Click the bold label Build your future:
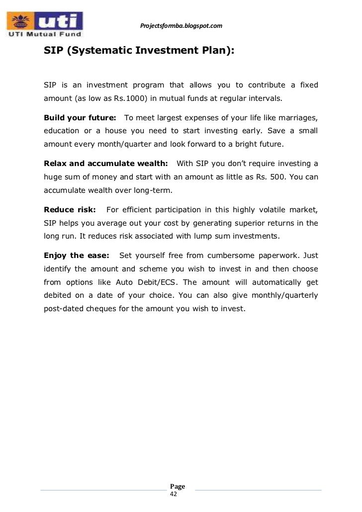coord(80,118)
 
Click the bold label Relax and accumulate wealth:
coord(106,164)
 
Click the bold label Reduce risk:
coord(70,209)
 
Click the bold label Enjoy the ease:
coord(76,255)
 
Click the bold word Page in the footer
coord(178,486)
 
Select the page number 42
coord(174,494)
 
